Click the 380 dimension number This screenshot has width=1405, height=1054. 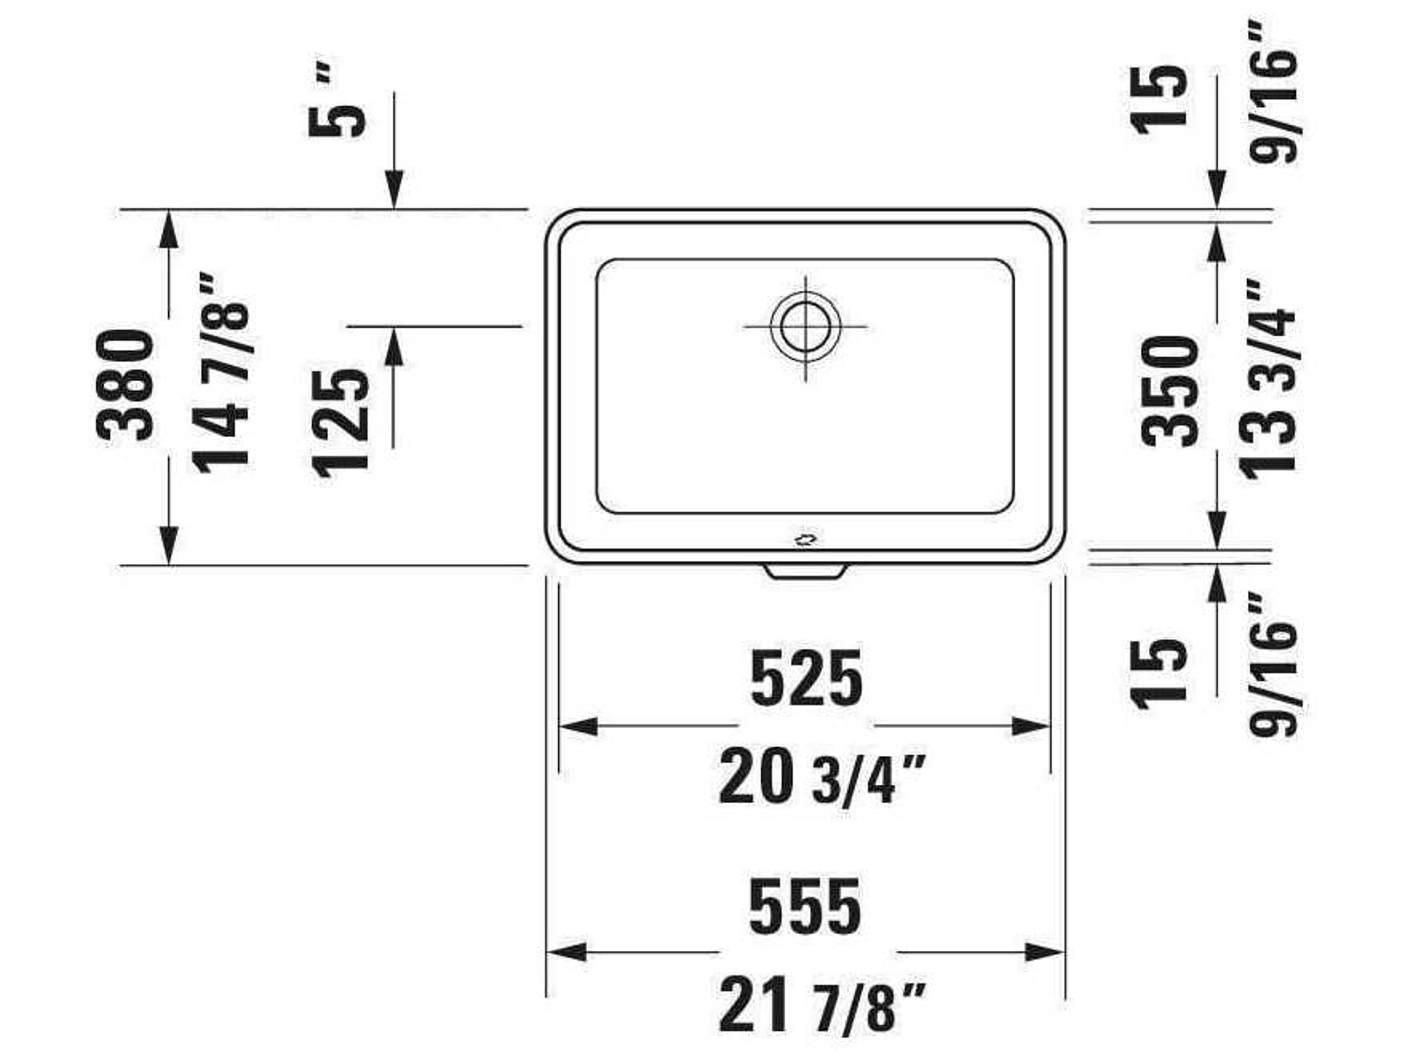coord(125,386)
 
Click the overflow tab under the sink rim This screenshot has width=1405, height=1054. coord(805,571)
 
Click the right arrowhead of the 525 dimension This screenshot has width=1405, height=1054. coord(1030,726)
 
